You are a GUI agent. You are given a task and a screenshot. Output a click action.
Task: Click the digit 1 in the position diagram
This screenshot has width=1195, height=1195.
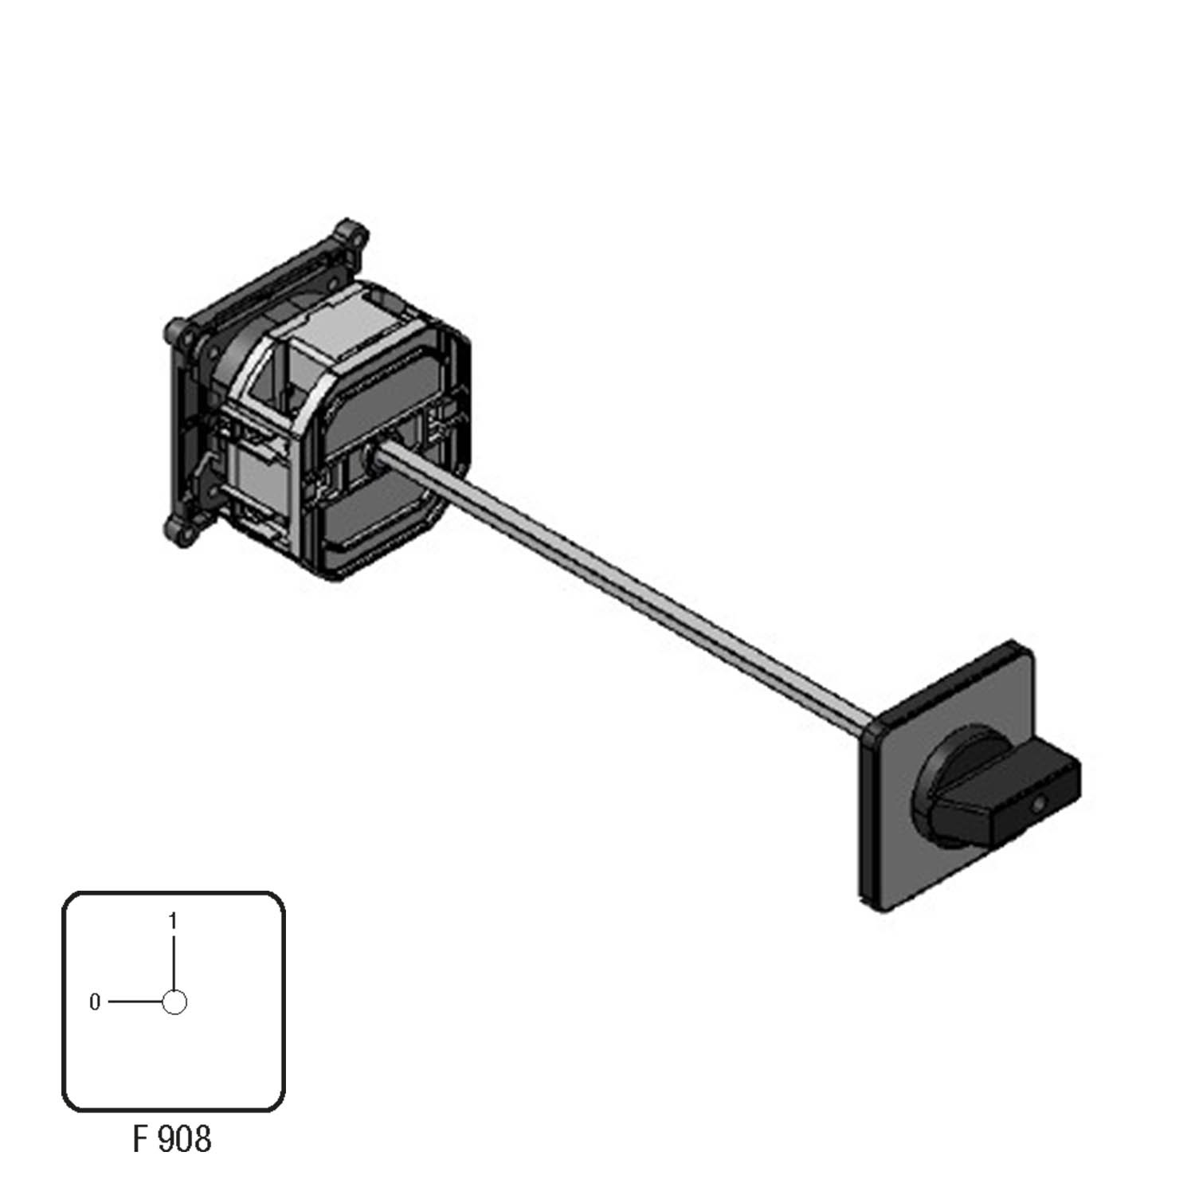pyautogui.click(x=173, y=921)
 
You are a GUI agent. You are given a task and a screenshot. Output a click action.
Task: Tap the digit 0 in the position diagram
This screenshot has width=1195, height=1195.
pyautogui.click(x=95, y=1002)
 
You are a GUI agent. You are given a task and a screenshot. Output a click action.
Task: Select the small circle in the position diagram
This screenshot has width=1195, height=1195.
pyautogui.click(x=174, y=1002)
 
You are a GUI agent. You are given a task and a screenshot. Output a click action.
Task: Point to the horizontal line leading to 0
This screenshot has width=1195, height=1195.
pyautogui.click(x=135, y=1002)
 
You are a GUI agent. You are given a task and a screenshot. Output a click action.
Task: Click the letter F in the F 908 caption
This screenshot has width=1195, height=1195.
pyautogui.click(x=141, y=1139)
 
